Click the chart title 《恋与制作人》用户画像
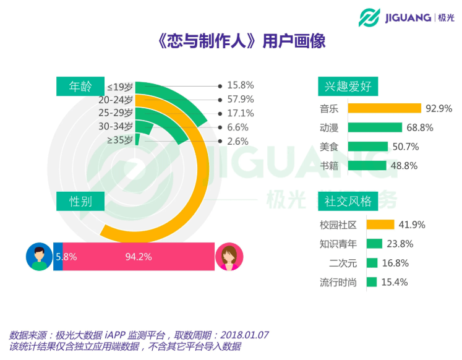pyautogui.click(x=230, y=41)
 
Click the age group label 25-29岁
pyautogui.click(x=116, y=113)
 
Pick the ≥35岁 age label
pyautogui.click(x=120, y=140)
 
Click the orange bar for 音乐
pyautogui.click(x=384, y=108)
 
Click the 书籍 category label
pyautogui.click(x=329, y=166)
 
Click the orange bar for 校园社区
pyautogui.click(x=380, y=225)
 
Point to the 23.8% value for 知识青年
pyautogui.click(x=400, y=244)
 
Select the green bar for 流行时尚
pyautogui.click(x=371, y=282)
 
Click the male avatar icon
pyautogui.click(x=39, y=257)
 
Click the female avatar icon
pyautogui.click(x=229, y=257)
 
